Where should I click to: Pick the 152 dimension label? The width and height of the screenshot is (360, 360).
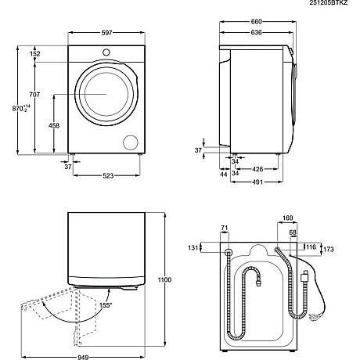[35, 53]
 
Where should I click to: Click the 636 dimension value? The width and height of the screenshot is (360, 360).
[255, 33]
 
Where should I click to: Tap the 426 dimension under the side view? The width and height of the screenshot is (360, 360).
[256, 167]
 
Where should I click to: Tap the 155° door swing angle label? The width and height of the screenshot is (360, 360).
[105, 304]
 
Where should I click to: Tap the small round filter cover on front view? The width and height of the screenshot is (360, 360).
[131, 142]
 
